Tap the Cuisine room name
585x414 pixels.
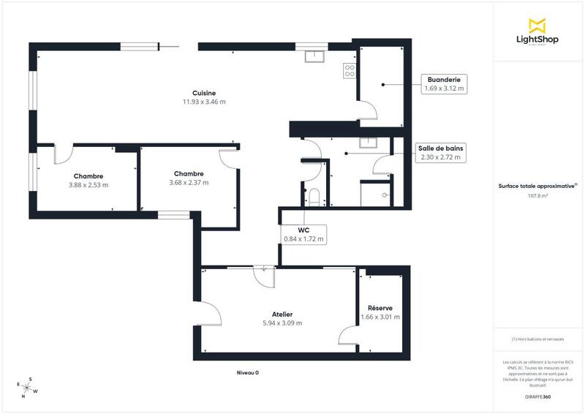(203, 93)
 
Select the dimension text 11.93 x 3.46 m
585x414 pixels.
(203, 102)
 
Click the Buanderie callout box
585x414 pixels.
(445, 83)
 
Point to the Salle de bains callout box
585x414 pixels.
(440, 152)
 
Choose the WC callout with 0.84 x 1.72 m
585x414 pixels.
(303, 233)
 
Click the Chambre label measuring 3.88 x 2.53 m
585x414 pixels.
(88, 180)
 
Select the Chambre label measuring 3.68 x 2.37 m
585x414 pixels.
(189, 178)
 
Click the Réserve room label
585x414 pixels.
(380, 312)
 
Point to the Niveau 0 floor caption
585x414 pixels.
(247, 372)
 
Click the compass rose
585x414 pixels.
(28, 388)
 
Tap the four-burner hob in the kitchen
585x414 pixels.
(349, 70)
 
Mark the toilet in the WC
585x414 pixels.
(314, 196)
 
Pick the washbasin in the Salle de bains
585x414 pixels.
(367, 143)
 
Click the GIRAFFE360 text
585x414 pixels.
(538, 396)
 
